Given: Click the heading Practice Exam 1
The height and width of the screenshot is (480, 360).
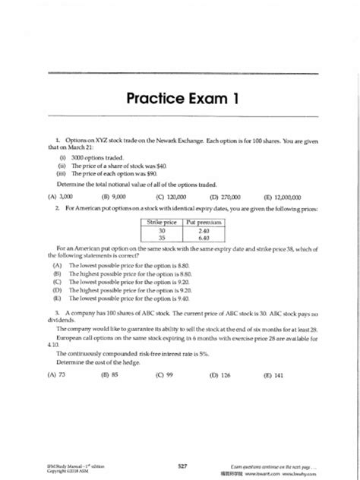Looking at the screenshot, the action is pos(180,99).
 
